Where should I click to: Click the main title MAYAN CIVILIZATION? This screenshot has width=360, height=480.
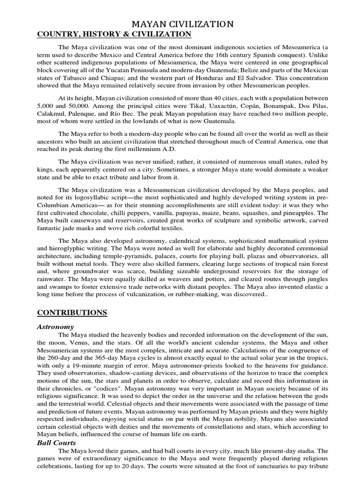click(x=180, y=24)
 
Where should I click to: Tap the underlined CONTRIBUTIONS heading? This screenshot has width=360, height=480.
click(x=72, y=313)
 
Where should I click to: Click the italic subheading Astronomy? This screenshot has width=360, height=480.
click(x=56, y=327)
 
